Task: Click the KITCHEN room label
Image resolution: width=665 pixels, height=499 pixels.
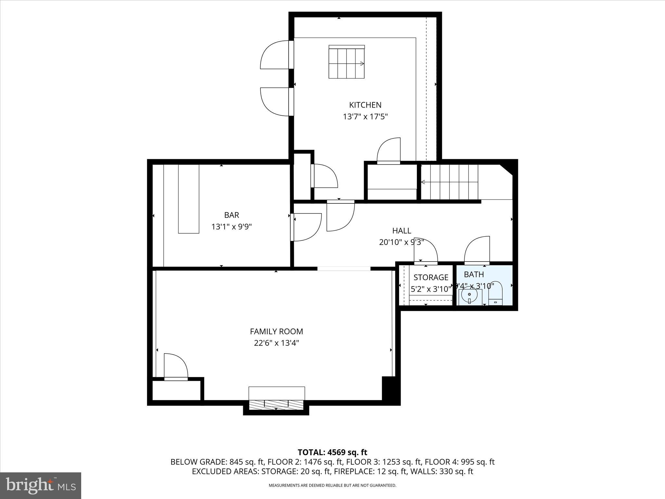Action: click(x=365, y=105)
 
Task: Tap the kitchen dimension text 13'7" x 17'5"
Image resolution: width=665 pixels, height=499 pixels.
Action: click(x=365, y=117)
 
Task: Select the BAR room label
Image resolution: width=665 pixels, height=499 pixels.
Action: click(x=232, y=215)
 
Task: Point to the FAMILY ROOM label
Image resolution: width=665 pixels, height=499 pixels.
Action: click(x=276, y=331)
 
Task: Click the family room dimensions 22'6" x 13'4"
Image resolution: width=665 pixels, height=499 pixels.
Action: click(x=276, y=343)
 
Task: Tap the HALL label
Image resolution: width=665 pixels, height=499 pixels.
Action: click(x=402, y=231)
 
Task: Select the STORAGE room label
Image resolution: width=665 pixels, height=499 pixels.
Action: click(x=431, y=277)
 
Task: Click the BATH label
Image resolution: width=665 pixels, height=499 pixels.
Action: click(x=474, y=275)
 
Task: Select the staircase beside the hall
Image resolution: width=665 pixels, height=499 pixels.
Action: click(x=450, y=182)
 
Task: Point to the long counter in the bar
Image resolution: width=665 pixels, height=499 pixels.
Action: click(x=189, y=199)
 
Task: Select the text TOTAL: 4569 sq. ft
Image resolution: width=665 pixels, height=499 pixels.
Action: click(x=332, y=452)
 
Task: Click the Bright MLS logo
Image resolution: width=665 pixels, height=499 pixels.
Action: click(x=41, y=485)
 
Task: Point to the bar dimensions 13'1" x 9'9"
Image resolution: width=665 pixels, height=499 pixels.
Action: click(x=232, y=227)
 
